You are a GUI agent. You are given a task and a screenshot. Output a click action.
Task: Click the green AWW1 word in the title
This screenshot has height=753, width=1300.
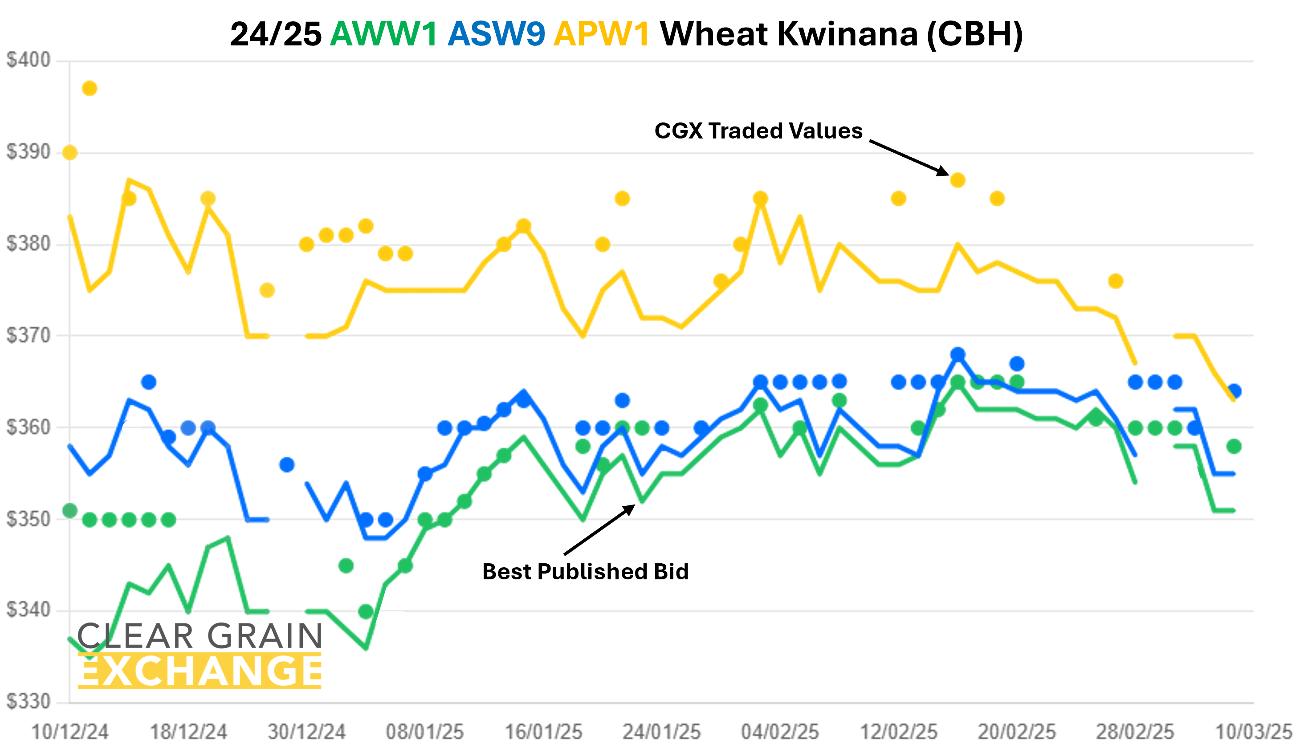coord(384,34)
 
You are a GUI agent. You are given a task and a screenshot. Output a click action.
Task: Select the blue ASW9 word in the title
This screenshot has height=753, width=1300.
coord(496,34)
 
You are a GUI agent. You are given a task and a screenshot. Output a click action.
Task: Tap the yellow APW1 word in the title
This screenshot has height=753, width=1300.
coord(602,34)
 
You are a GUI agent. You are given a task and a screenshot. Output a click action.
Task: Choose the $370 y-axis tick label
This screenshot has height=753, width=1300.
coord(29,335)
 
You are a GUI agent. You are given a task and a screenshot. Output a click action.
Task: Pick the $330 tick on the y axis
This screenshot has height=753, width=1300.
coord(29,701)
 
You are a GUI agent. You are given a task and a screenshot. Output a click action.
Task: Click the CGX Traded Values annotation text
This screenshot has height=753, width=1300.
coord(758,131)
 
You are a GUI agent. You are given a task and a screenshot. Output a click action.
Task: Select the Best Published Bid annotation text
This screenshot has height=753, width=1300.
coord(586,571)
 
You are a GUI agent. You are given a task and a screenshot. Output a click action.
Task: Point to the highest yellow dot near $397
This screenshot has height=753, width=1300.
coord(90,89)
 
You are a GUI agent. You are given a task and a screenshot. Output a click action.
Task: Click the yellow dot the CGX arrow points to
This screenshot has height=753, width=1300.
coord(958,180)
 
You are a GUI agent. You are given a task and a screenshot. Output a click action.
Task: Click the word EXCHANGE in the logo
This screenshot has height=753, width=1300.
coord(200,671)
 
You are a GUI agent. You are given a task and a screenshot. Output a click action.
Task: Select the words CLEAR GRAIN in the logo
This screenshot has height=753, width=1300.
coord(200,635)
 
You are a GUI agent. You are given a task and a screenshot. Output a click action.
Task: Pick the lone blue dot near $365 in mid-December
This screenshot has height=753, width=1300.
coord(149,382)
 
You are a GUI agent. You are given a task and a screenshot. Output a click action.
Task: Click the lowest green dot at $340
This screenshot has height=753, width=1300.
coord(366,612)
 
